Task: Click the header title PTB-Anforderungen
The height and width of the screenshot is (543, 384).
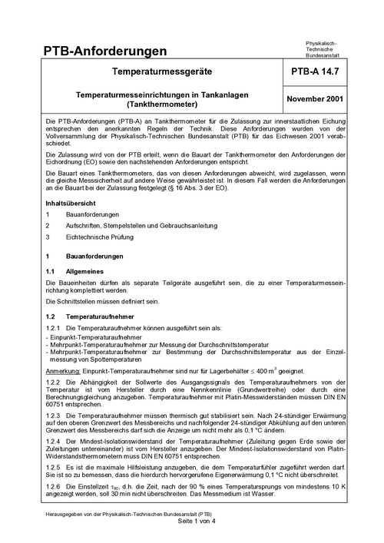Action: pyautogui.click(x=104, y=51)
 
